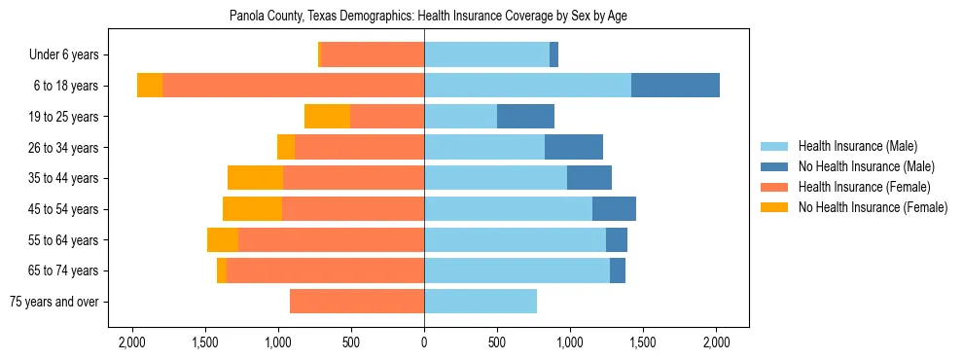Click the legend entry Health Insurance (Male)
(x=857, y=146)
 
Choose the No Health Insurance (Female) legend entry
(x=873, y=207)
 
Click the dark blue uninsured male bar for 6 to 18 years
(x=675, y=86)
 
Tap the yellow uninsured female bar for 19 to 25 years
(x=327, y=117)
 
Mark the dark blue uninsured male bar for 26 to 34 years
(x=574, y=147)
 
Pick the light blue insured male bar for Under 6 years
(x=486, y=55)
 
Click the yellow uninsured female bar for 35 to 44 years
(x=255, y=178)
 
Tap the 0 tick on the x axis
(x=424, y=342)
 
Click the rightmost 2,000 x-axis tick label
(x=716, y=342)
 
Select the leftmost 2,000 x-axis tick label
(x=132, y=342)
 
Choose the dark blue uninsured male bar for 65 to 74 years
(x=618, y=270)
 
